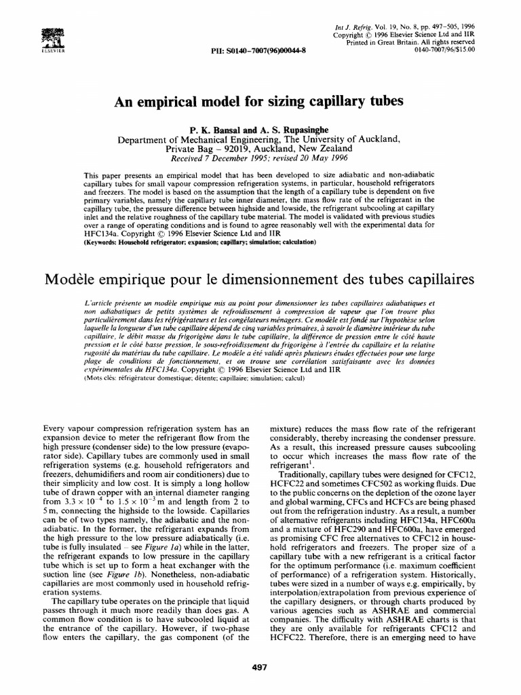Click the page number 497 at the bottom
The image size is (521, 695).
click(x=260, y=667)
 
